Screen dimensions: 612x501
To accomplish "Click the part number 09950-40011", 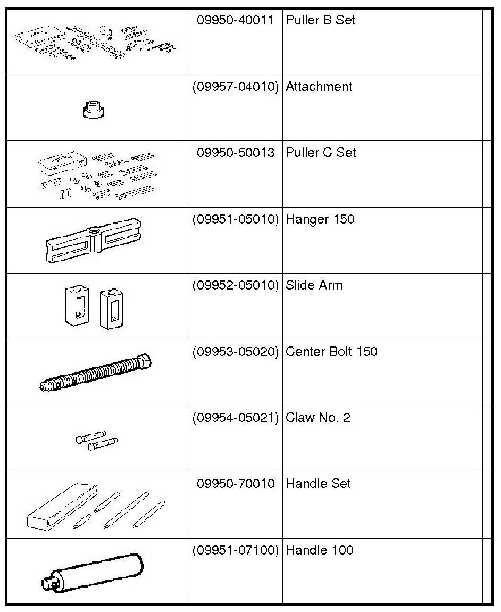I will tap(236, 20).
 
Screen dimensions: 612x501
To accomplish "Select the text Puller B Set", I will tap(320, 20).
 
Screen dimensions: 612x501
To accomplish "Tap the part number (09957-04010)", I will tap(236, 86).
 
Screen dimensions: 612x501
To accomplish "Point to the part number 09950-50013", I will tap(236, 153).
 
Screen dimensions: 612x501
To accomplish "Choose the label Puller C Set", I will tap(321, 153).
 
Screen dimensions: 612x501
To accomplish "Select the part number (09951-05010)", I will tap(236, 219).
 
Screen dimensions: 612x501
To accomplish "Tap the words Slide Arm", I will tap(314, 285).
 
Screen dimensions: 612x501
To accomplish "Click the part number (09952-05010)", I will tap(236, 285).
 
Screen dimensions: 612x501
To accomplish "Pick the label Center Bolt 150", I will tap(331, 352).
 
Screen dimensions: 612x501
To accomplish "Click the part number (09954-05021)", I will tap(236, 418).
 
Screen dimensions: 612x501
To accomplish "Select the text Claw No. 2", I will tap(318, 418).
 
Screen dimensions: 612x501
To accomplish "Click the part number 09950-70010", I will tap(236, 484).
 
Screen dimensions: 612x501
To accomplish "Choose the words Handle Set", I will tap(318, 484).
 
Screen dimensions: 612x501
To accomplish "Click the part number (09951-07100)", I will tap(236, 550).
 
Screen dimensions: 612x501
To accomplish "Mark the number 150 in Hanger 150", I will tap(344, 219).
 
